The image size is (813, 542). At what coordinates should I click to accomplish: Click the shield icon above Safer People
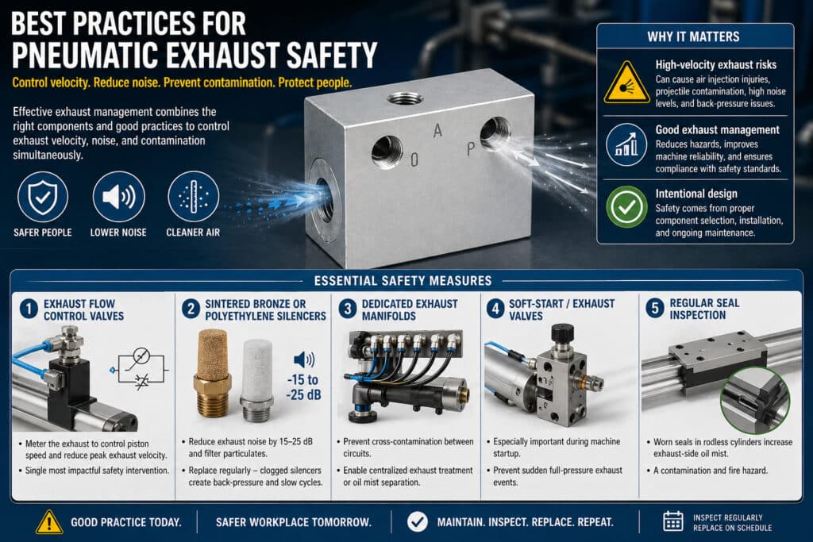pos(43,198)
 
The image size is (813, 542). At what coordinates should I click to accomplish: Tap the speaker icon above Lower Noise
pos(118,198)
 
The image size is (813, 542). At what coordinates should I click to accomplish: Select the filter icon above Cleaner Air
pos(194,198)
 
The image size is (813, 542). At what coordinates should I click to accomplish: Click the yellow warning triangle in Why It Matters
pos(626,83)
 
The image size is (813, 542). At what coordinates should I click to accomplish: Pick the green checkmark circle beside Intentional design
pos(626,207)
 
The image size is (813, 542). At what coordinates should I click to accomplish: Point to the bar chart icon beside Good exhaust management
pos(626,144)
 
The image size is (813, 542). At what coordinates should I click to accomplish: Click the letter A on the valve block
pos(437,131)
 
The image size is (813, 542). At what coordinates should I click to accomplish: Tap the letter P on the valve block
pos(470,149)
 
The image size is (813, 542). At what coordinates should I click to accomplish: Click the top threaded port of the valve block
pos(404,98)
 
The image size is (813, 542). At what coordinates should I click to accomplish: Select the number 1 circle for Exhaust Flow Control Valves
pos(29,309)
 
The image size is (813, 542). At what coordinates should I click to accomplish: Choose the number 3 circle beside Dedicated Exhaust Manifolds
pos(348,309)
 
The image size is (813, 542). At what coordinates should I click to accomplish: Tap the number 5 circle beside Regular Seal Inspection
pos(655,309)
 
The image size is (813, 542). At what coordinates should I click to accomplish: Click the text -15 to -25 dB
pos(304,387)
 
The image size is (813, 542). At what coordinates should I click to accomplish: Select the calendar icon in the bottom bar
pos(673,521)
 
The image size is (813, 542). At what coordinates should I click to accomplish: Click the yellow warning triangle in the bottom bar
pos(49,522)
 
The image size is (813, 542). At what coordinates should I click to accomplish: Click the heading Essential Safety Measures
pos(403,281)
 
